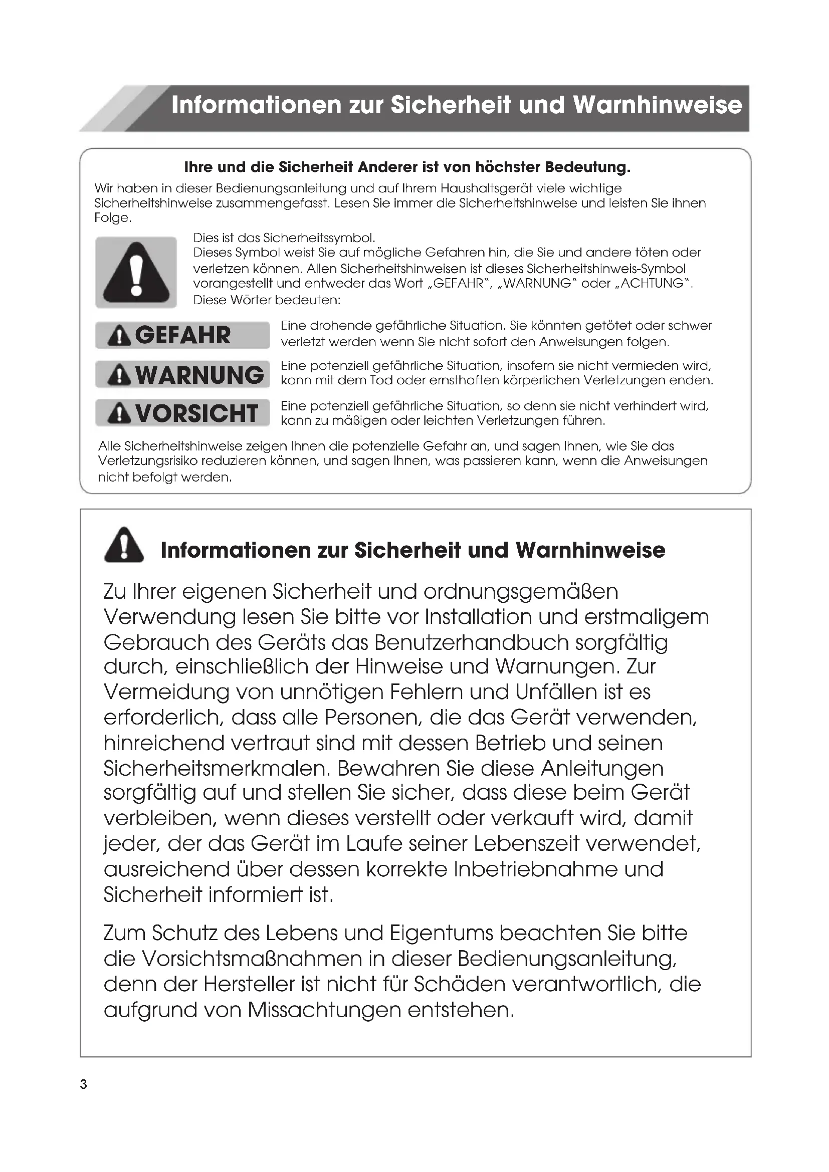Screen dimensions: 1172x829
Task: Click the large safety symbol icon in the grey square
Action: pyautogui.click(x=136, y=272)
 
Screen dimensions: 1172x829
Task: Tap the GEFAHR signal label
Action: pyautogui.click(x=182, y=335)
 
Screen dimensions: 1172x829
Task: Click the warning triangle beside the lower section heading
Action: pyautogui.click(x=124, y=546)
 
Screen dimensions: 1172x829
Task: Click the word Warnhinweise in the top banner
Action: pyautogui.click(x=657, y=105)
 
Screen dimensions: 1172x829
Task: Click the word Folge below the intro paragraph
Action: pyautogui.click(x=112, y=218)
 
